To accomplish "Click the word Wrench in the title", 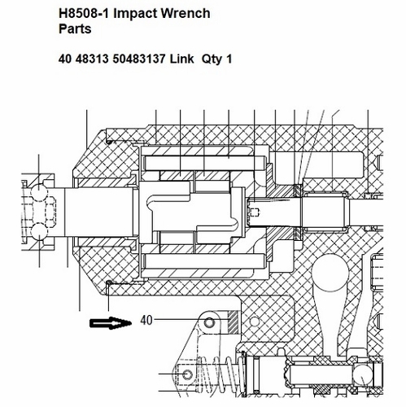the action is tap(186, 13).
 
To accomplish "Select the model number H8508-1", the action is tap(84, 13).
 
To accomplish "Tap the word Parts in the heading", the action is tap(75, 29).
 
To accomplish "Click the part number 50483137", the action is tap(138, 59).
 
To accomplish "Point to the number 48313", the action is tap(92, 59).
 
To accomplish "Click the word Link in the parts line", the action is tap(181, 59).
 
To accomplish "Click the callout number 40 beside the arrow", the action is tap(146, 320).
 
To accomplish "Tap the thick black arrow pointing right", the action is tap(111, 323).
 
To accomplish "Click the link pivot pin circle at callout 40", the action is tap(209, 322).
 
